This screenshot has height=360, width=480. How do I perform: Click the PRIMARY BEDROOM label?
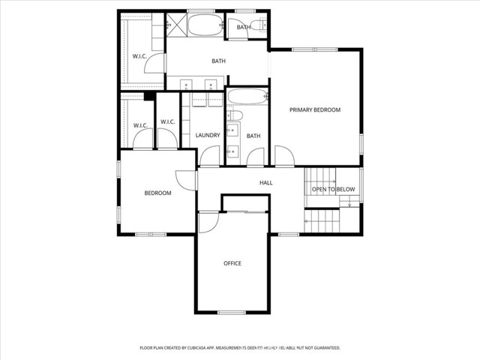pyautogui.click(x=315, y=109)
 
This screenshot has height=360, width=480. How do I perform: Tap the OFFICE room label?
pyautogui.click(x=232, y=263)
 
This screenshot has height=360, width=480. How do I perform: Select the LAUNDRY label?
pyautogui.click(x=207, y=135)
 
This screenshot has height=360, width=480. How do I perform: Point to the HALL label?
pyautogui.click(x=266, y=182)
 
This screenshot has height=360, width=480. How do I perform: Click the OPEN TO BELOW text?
pyautogui.click(x=333, y=190)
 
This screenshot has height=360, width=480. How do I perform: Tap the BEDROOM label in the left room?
pyautogui.click(x=158, y=193)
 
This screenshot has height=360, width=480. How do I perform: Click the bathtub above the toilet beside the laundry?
pyautogui.click(x=244, y=99)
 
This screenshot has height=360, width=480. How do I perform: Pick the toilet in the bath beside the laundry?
pyautogui.click(x=233, y=115)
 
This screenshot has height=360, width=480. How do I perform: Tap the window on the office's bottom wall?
pyautogui.click(x=232, y=312)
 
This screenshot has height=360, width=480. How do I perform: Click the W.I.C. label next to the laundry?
pyautogui.click(x=167, y=122)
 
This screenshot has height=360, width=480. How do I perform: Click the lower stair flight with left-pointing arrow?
pyautogui.click(x=322, y=222)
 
